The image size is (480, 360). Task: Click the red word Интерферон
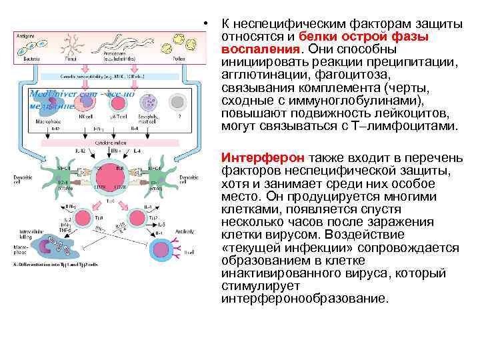click(x=264, y=158)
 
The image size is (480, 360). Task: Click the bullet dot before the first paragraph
click(x=209, y=25)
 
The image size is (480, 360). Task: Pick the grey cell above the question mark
click(x=177, y=102)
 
